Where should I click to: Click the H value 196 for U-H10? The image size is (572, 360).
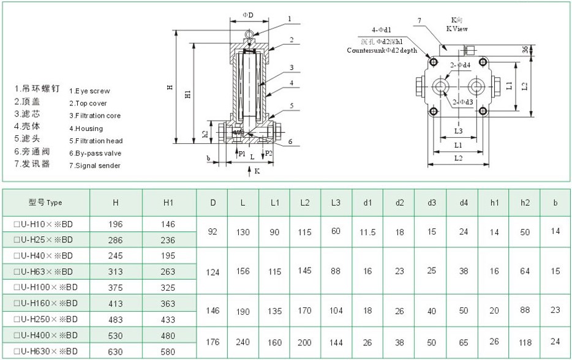tap(115, 224)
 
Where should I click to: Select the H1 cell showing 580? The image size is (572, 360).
tap(168, 351)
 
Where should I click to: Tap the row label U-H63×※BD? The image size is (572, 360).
tap(47, 271)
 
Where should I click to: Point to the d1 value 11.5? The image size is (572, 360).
tap(367, 232)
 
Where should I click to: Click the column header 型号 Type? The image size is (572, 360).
tap(45, 203)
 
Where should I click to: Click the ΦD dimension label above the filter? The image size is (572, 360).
tap(247, 13)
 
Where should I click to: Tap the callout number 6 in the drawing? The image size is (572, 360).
tap(290, 141)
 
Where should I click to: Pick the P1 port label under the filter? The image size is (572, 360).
tap(242, 154)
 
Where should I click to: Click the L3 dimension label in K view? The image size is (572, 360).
tap(458, 130)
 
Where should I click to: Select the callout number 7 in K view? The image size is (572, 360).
tap(419, 20)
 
